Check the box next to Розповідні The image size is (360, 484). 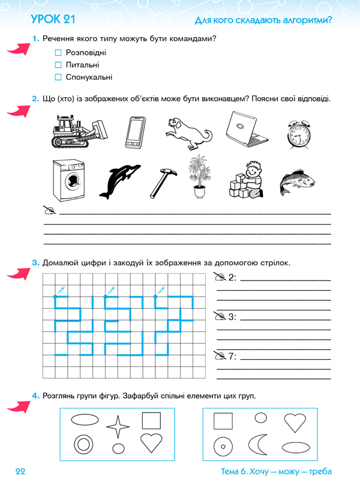click(58, 53)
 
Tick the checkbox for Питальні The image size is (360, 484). click(58, 65)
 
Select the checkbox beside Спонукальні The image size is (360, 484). click(58, 77)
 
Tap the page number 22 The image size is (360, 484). click(22, 471)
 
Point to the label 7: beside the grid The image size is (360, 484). click(232, 356)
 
